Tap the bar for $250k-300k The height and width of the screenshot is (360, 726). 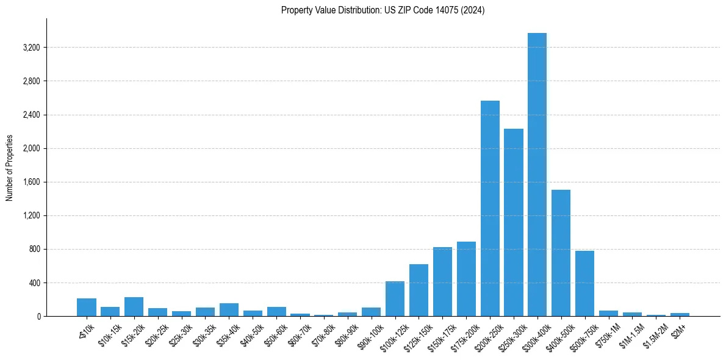(x=514, y=223)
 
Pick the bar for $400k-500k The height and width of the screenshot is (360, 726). (x=561, y=253)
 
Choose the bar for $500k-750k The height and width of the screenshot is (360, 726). (x=584, y=284)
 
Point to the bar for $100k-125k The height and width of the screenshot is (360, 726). (x=395, y=299)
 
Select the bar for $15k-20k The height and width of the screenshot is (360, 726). (x=134, y=307)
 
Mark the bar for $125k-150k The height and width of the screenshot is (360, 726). (x=419, y=290)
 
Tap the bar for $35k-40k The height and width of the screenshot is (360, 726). (x=229, y=310)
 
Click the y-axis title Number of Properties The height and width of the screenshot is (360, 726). (x=10, y=167)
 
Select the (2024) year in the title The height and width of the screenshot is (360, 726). (x=472, y=10)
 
